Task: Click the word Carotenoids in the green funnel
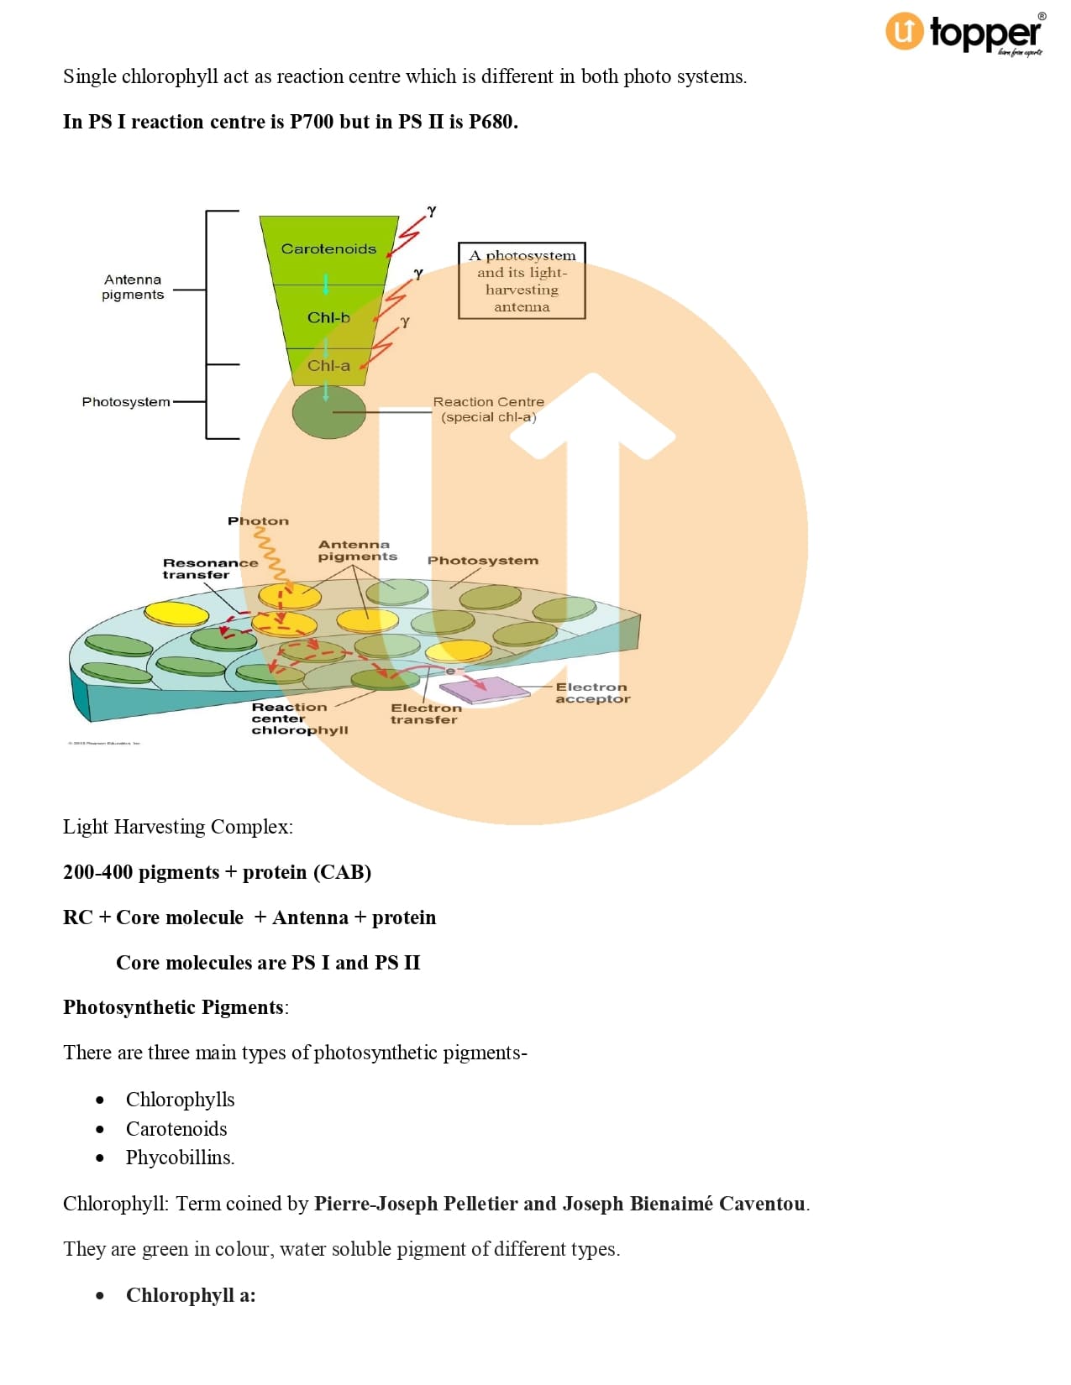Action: tap(328, 249)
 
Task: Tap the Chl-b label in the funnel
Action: tap(328, 318)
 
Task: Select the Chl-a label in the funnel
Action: tap(328, 366)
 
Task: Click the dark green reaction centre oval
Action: tap(328, 412)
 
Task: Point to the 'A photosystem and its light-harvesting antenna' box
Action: tap(522, 280)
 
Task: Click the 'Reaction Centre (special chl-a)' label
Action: tap(488, 410)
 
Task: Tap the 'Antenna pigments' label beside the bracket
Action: tap(133, 287)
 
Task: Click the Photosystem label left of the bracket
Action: tap(126, 402)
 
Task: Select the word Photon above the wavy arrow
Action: tap(258, 521)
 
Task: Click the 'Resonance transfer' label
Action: tap(210, 569)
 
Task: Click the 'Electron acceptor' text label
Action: tap(592, 693)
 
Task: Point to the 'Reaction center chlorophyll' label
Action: tap(299, 719)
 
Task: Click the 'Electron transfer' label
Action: tap(425, 714)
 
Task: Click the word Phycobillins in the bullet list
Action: tap(180, 1158)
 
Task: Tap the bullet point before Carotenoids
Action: tap(101, 1129)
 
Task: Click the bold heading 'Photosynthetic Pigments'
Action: tap(173, 1007)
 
